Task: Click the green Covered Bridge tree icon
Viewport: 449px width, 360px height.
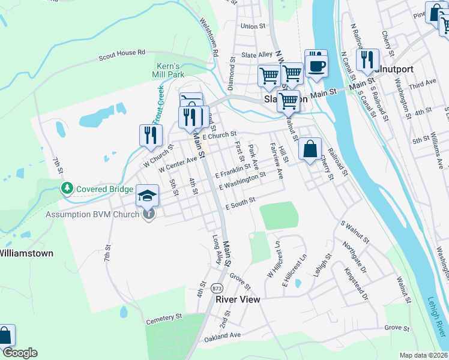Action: tap(67, 190)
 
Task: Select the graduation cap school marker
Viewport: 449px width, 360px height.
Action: tap(148, 196)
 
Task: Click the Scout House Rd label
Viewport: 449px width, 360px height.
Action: tap(122, 53)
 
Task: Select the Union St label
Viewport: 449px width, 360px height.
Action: tap(253, 26)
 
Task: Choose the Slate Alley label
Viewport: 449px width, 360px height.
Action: tap(257, 55)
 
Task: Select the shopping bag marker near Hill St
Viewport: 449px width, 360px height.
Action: tap(310, 150)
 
